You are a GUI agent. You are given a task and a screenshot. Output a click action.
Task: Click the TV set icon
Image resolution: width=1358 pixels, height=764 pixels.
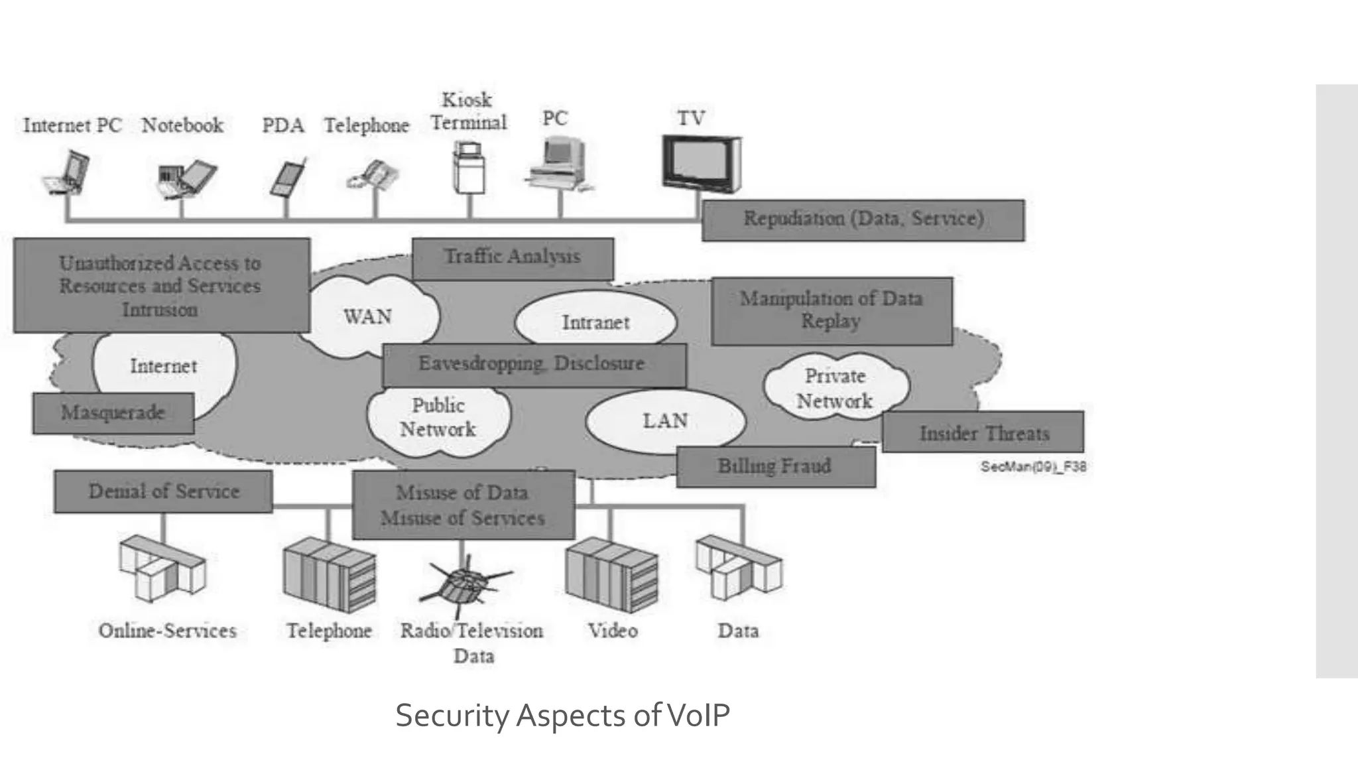click(701, 163)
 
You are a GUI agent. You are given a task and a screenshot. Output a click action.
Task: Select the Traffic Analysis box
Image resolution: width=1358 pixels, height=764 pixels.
click(513, 258)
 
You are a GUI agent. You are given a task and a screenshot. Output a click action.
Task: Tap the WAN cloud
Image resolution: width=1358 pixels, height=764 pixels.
click(368, 317)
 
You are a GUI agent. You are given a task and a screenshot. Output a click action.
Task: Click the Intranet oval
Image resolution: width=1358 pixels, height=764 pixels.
click(595, 322)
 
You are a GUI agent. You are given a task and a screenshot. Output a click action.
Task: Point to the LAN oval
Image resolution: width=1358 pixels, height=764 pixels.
click(665, 421)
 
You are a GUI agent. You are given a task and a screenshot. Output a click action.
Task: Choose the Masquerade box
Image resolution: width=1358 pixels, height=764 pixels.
click(113, 413)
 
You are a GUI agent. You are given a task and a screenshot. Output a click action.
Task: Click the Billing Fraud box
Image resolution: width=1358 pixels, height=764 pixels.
click(775, 467)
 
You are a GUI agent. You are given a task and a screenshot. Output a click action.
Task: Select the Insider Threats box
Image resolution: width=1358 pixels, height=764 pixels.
click(983, 433)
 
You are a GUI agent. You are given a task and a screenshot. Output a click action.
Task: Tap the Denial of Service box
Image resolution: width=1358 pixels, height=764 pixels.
click(164, 491)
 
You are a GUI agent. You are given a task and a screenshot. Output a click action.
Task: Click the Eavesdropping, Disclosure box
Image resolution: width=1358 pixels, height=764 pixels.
click(533, 364)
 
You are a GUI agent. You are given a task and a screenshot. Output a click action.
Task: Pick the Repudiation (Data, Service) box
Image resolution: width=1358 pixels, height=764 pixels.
click(863, 220)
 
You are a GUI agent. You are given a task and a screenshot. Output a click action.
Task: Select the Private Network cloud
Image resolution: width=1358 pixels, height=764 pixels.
click(835, 388)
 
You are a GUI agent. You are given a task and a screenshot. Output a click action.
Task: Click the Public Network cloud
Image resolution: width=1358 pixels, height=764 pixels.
click(438, 418)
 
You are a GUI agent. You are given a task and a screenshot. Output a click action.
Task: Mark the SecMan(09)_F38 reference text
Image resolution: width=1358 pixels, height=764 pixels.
click(1033, 467)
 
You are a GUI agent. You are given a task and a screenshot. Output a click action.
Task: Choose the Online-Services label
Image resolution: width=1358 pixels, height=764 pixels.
click(167, 631)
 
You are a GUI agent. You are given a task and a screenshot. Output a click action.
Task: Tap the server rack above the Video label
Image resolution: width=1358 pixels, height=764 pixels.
click(611, 574)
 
